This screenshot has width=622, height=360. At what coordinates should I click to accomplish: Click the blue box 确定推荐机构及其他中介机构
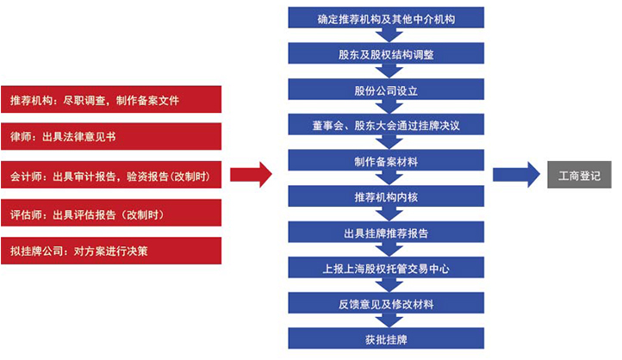pos(386,17)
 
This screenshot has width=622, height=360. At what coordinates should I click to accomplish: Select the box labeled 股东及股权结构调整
pos(386,53)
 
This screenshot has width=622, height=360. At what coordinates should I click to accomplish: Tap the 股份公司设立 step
pos(386,90)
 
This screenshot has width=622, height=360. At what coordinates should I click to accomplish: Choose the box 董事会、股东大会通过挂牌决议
pos(386,125)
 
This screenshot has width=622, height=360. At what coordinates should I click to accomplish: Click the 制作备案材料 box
pos(386,160)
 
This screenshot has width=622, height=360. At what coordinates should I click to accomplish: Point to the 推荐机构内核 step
pos(386,196)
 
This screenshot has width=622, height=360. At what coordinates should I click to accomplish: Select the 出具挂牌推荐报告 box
pos(386,232)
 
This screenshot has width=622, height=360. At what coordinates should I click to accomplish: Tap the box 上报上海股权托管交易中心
pos(386,267)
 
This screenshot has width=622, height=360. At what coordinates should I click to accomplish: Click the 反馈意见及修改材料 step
pos(386,303)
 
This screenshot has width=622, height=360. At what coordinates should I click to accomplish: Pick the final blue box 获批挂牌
pos(386,338)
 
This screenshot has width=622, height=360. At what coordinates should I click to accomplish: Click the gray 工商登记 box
pos(579,175)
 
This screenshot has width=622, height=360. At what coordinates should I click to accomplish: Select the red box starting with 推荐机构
pos(111,100)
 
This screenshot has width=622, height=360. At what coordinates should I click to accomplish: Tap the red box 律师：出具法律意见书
pos(111,136)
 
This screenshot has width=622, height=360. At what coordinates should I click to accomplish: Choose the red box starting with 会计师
pos(111,175)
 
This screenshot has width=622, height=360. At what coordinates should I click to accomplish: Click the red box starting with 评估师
pos(111,213)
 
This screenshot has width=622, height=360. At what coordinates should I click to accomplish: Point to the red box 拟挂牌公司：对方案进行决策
pos(111,251)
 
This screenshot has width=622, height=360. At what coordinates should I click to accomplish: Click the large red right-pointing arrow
pos(251,175)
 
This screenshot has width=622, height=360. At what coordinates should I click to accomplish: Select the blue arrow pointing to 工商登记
pos(516,175)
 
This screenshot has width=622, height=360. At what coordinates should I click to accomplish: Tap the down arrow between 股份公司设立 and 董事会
pos(389,107)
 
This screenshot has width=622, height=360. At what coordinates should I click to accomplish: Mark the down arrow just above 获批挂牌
pos(389,320)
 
